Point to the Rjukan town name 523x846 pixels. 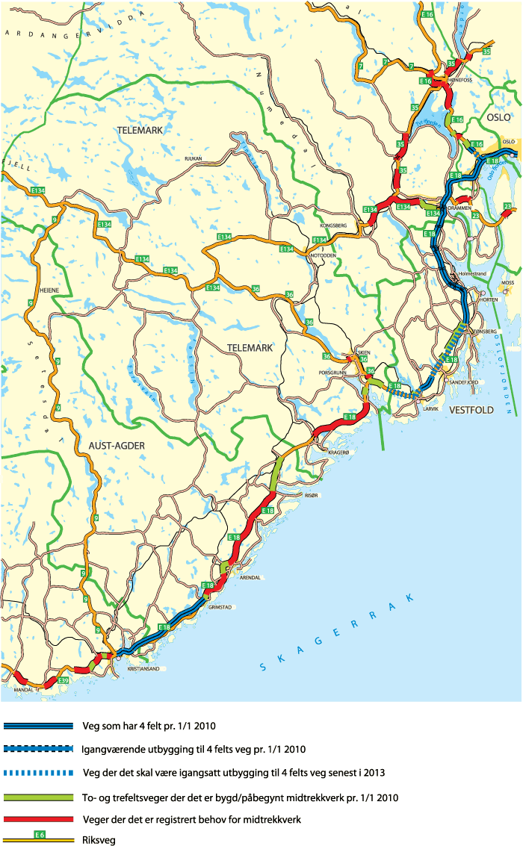[194, 158]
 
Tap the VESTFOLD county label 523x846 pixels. [471, 411]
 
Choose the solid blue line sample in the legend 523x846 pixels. [39, 726]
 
